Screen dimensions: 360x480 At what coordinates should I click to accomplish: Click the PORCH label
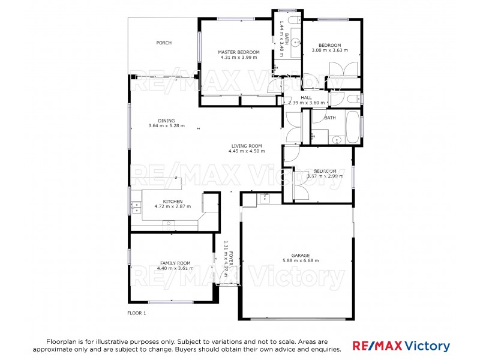(164, 43)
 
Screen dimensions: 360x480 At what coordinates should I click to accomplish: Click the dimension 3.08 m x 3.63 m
(330, 50)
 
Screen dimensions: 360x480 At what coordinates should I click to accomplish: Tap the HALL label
(307, 97)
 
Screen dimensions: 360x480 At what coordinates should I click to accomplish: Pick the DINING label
(166, 121)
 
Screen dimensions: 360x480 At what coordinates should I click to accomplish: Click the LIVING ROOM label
(247, 146)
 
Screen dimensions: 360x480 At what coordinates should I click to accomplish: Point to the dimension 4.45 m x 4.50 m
(247, 151)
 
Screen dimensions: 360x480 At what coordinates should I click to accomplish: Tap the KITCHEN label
(173, 201)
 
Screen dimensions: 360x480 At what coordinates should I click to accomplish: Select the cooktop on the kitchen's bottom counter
(169, 223)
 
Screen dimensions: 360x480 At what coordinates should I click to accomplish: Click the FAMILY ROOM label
(175, 263)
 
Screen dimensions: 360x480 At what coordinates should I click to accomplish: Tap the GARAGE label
(301, 255)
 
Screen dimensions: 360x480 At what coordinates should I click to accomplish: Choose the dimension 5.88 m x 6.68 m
(301, 260)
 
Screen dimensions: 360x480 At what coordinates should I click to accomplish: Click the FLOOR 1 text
(137, 313)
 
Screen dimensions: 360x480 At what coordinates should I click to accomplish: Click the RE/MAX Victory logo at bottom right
(401, 346)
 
